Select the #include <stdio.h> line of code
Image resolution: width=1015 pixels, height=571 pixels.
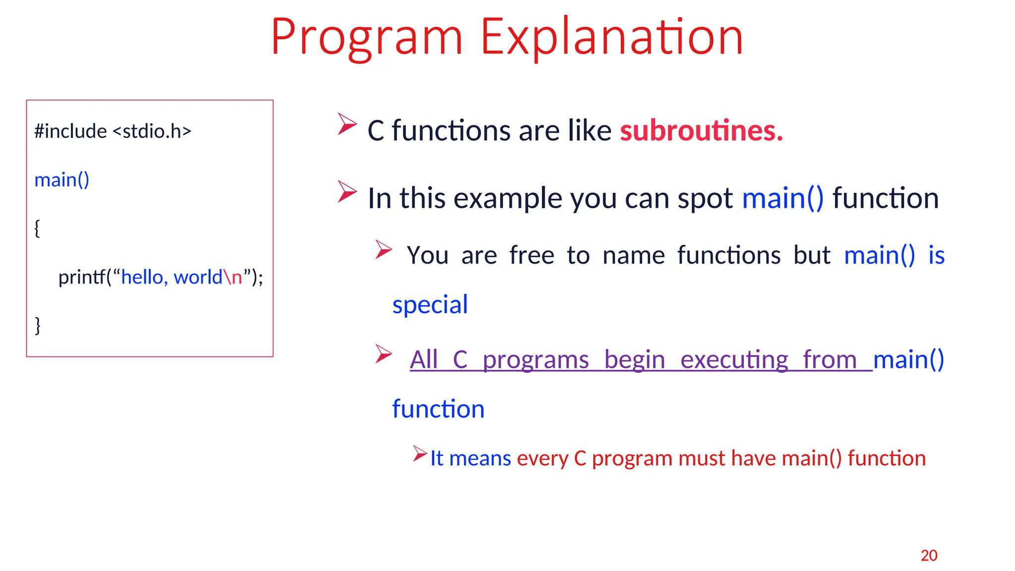click(x=113, y=131)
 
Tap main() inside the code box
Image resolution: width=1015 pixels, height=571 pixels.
click(x=61, y=180)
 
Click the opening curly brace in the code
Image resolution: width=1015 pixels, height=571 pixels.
click(x=37, y=228)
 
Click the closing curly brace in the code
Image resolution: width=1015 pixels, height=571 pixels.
click(x=38, y=326)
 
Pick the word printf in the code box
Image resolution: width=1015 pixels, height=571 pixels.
click(x=81, y=277)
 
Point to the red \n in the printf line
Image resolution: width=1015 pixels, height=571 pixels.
click(x=232, y=277)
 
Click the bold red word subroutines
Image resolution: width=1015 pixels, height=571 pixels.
click(x=701, y=130)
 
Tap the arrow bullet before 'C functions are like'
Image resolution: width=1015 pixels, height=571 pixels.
click(x=347, y=124)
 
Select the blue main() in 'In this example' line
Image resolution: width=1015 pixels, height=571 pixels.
click(x=783, y=198)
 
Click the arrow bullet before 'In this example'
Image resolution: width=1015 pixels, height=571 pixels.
click(x=347, y=191)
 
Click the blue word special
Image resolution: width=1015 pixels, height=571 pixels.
click(x=430, y=304)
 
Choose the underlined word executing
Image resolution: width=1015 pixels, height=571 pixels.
click(x=734, y=359)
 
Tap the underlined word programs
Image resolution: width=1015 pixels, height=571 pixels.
click(x=535, y=359)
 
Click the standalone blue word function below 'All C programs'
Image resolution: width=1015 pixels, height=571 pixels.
click(x=438, y=409)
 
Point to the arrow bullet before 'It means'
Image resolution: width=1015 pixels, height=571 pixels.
click(x=420, y=454)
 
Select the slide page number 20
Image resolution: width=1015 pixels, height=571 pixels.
click(x=929, y=556)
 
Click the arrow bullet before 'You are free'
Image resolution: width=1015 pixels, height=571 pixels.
click(x=384, y=249)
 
